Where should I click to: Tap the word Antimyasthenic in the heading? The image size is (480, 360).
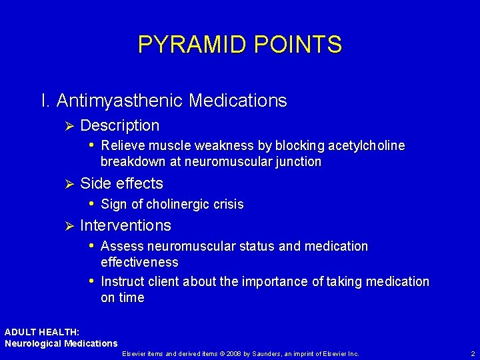[x=120, y=101]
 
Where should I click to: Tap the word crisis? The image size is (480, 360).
[x=227, y=204]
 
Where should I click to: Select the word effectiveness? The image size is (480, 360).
[x=139, y=262]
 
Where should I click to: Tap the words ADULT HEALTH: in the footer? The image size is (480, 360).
[x=41, y=332]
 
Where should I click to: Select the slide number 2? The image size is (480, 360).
[x=472, y=353]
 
